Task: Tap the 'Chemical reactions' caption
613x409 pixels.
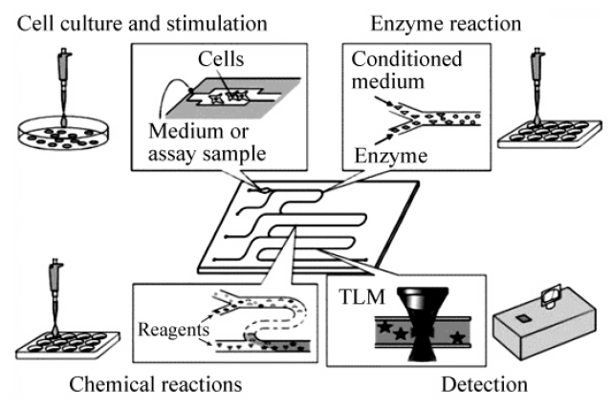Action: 154,385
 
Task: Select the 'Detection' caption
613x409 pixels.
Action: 484,385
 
